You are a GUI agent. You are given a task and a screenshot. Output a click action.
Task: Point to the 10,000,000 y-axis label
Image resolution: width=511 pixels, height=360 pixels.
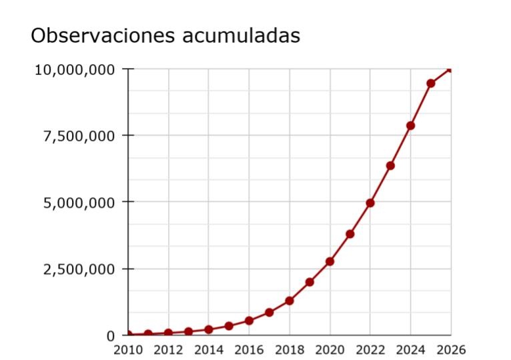(x=75, y=69)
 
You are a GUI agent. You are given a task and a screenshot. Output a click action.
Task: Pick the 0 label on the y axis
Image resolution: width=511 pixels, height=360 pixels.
(x=111, y=335)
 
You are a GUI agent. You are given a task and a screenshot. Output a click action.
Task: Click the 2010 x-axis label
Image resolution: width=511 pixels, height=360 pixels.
(x=127, y=350)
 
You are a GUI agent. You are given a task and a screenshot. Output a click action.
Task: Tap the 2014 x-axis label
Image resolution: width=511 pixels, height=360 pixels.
(x=208, y=350)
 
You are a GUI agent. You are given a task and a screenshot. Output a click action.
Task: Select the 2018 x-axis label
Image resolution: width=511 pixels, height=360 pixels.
(x=289, y=350)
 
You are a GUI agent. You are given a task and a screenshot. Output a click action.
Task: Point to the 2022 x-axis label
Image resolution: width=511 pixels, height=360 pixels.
(x=370, y=350)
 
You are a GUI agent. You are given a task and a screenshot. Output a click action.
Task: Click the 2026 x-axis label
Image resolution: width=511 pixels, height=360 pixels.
(x=450, y=350)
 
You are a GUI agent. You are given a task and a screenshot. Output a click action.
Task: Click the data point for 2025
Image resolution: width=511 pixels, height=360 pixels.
(x=431, y=83)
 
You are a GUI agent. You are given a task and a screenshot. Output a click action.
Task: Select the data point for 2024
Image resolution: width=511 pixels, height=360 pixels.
(x=411, y=125)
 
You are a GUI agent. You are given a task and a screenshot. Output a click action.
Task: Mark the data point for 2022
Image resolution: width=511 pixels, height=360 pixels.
(x=370, y=203)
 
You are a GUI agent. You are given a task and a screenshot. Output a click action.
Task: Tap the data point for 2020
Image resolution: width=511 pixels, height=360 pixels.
(x=330, y=261)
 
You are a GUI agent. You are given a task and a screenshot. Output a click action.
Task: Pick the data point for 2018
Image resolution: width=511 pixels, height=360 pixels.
(x=290, y=301)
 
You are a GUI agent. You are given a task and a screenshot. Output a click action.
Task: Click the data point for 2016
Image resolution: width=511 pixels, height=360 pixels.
(x=249, y=321)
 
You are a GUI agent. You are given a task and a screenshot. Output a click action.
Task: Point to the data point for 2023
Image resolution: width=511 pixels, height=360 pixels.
(x=390, y=165)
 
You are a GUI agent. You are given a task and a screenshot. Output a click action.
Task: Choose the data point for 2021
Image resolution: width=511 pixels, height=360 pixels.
(x=350, y=234)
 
